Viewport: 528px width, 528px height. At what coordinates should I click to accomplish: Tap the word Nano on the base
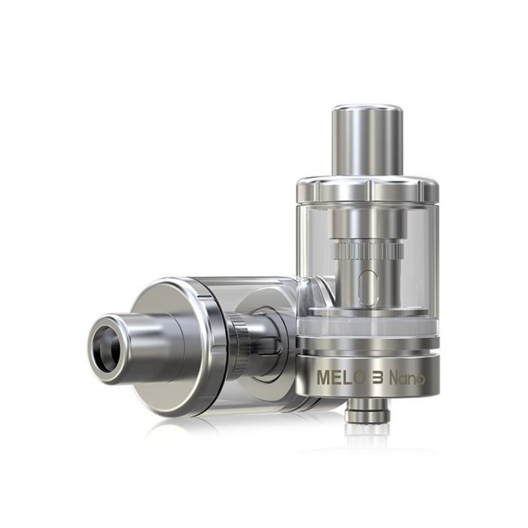pos(407,378)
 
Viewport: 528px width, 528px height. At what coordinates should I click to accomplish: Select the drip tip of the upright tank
pos(367,138)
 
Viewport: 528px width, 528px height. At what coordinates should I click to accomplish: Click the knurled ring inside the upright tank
pos(366,249)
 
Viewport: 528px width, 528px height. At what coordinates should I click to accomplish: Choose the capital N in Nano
pos(395,378)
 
